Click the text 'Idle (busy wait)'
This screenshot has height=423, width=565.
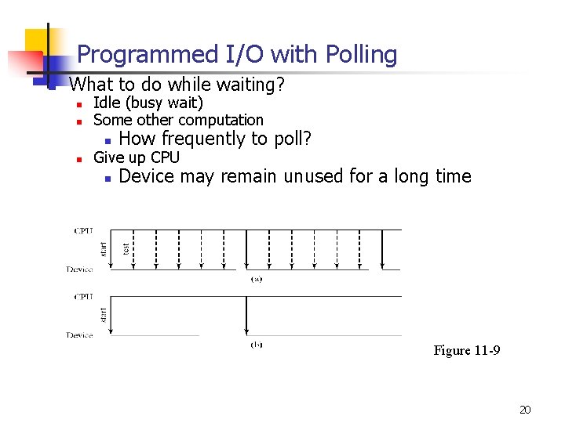(148, 103)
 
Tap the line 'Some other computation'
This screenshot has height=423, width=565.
(178, 120)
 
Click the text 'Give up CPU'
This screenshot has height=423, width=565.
(136, 157)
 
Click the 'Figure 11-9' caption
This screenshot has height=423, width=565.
(466, 350)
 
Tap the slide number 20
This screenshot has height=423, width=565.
(525, 410)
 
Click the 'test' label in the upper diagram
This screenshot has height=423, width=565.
(126, 248)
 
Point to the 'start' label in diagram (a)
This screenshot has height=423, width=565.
(103, 248)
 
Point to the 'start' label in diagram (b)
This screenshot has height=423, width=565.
(103, 315)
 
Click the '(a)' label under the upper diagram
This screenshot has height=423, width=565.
(256, 278)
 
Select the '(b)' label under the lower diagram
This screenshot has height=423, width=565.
(256, 344)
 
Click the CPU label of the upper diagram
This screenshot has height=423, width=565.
(82, 230)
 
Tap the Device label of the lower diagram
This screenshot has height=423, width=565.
(79, 335)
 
